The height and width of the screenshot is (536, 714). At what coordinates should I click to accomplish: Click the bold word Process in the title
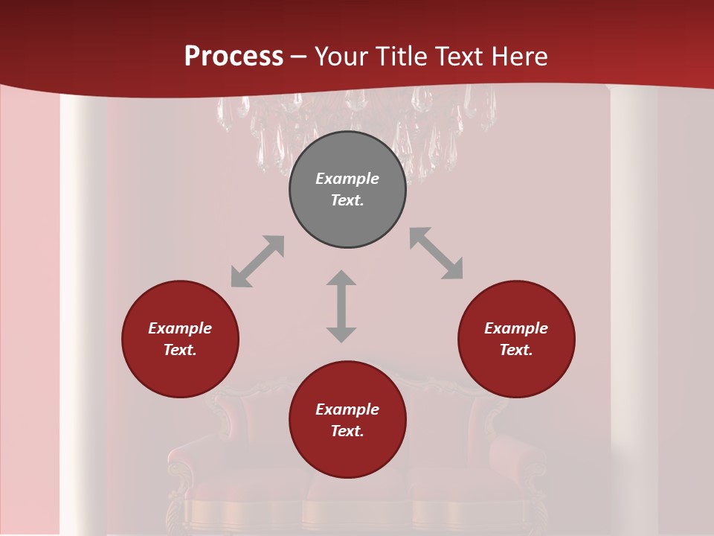(x=234, y=57)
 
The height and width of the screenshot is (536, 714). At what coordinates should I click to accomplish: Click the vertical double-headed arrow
(x=341, y=306)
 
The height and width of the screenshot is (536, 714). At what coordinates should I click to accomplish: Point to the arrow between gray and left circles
(x=257, y=261)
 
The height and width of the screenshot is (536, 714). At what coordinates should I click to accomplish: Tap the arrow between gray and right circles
(x=436, y=253)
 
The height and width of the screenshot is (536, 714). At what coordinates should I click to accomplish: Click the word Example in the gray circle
(x=347, y=179)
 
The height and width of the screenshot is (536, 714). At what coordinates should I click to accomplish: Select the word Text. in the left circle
(x=180, y=350)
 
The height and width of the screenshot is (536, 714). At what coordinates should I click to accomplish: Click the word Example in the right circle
(x=516, y=328)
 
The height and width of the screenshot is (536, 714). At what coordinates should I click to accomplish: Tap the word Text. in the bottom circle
(x=347, y=431)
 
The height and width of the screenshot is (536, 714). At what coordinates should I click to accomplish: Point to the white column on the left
(x=83, y=298)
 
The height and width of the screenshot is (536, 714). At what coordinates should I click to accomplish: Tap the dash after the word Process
(x=298, y=57)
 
